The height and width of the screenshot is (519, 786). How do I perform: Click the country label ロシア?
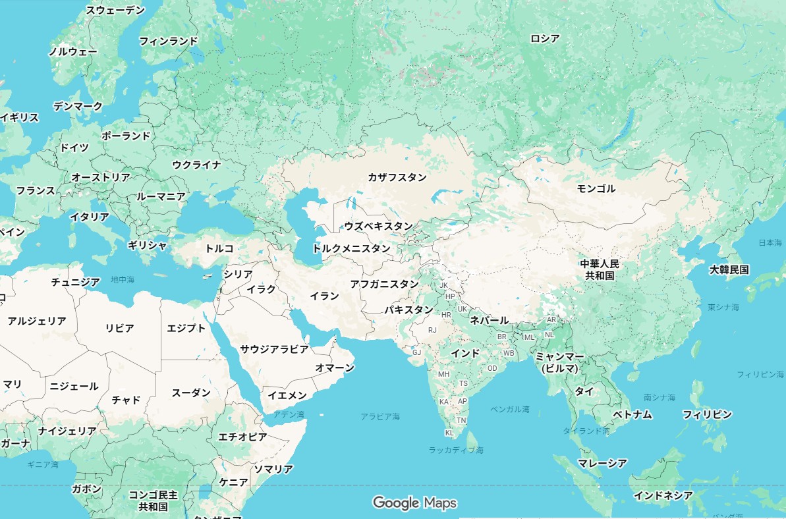[545, 39]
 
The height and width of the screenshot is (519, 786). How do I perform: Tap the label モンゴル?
[596, 189]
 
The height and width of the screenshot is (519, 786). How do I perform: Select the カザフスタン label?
[397, 177]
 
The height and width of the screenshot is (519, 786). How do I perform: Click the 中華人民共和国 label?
[600, 269]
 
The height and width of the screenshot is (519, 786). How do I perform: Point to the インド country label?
[465, 353]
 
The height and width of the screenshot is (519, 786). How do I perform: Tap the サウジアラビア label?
[274, 348]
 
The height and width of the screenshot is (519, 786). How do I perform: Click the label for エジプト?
[186, 328]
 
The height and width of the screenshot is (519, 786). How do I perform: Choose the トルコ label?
[219, 248]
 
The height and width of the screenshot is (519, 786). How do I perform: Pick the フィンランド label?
[168, 41]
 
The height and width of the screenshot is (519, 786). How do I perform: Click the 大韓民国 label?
[729, 269]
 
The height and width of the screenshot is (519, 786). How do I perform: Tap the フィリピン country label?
[707, 414]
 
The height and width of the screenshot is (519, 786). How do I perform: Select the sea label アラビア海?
[380, 416]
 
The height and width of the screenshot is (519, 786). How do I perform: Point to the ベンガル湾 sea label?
[509, 409]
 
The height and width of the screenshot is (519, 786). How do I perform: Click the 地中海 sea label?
[123, 280]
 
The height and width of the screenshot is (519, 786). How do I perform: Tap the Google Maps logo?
[414, 503]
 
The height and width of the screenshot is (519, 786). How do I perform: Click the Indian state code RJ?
[432, 330]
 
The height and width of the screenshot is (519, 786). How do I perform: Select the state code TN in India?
[461, 420]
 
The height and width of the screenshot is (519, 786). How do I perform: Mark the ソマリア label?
[273, 469]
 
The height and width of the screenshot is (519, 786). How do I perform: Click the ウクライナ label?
[196, 165]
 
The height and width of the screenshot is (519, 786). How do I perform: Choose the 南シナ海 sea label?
[660, 398]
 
